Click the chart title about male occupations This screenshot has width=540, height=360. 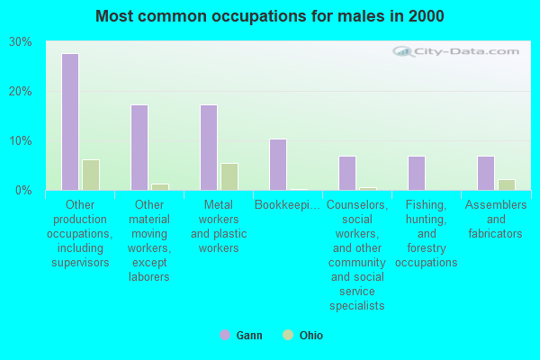tap(270, 16)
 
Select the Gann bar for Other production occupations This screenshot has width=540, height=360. tap(70, 121)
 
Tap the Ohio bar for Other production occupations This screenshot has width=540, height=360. tap(90, 175)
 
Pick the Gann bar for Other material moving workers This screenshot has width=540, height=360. tap(139, 148)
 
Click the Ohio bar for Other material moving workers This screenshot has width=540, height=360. tap(159, 187)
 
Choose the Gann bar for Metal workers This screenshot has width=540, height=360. tap(209, 148)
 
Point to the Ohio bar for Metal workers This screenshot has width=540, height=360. tap(229, 176)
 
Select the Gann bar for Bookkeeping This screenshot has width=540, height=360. tap(278, 165)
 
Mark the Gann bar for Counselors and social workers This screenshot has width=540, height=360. tap(347, 173)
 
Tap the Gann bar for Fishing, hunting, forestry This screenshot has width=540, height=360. tap(417, 173)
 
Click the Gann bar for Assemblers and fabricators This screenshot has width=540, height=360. tap(486, 173)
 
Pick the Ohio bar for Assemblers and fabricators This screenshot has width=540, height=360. tap(506, 184)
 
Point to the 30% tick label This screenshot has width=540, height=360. tap(21, 42)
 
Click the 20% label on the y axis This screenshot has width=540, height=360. tap(21, 92)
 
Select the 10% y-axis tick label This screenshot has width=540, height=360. tap(21, 141)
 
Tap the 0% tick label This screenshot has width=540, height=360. tap(24, 190)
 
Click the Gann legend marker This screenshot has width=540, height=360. tap(224, 335)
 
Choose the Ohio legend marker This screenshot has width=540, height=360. tap(288, 335)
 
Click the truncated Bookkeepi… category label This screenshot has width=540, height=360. tap(287, 205)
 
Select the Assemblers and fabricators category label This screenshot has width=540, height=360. tap(495, 219)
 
